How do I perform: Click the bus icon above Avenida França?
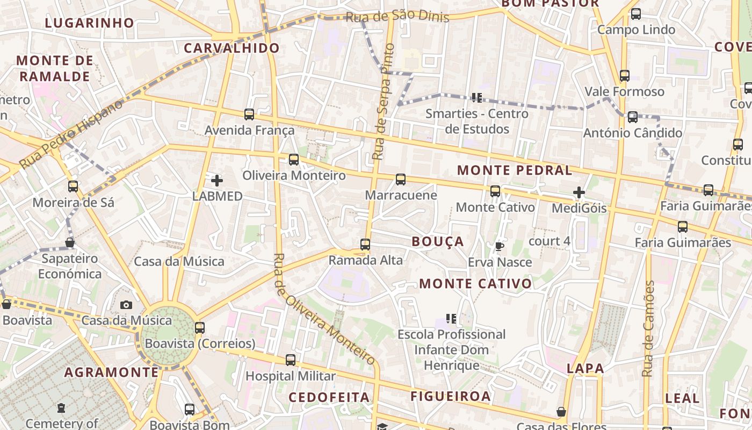click(x=249, y=114)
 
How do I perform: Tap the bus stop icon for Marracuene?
click(x=401, y=180)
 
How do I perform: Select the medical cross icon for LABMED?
click(x=217, y=181)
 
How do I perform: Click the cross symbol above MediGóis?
click(x=579, y=192)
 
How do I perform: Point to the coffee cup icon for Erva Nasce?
click(x=500, y=247)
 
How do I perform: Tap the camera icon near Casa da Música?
click(x=126, y=305)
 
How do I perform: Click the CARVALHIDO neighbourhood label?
click(x=232, y=48)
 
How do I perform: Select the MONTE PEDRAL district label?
click(x=514, y=170)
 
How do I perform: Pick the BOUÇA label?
click(x=437, y=242)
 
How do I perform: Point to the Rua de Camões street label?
click(x=648, y=329)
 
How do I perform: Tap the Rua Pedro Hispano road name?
click(x=71, y=134)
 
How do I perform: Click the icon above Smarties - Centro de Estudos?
click(x=476, y=97)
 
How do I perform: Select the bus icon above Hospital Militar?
click(x=291, y=360)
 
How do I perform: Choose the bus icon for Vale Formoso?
click(x=624, y=76)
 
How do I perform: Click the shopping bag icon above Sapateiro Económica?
click(x=70, y=242)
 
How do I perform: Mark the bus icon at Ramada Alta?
click(x=365, y=245)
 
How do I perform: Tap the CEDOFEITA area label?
click(x=329, y=397)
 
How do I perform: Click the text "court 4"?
click(x=549, y=241)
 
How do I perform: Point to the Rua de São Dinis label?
click(x=397, y=16)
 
